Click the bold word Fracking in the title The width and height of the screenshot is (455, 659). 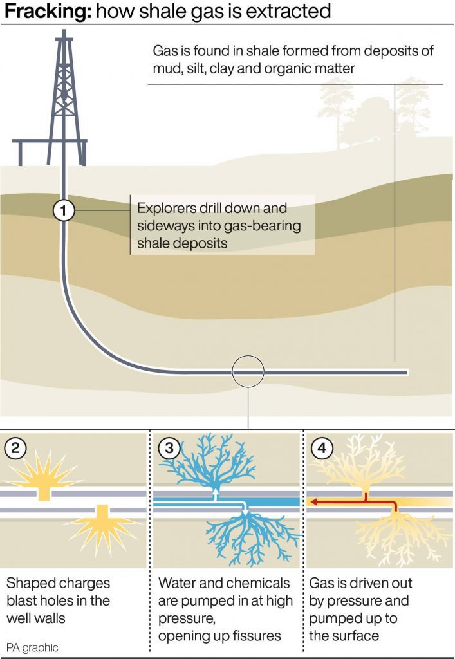click(x=48, y=12)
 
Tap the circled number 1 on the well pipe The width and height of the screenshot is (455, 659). click(x=64, y=210)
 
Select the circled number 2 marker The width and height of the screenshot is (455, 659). click(x=15, y=448)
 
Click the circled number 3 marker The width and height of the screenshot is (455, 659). click(x=169, y=448)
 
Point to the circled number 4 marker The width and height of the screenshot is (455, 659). click(x=322, y=448)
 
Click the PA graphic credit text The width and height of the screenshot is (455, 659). click(x=32, y=647)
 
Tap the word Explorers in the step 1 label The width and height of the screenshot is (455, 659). click(x=167, y=209)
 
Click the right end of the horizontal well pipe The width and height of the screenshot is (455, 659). click(x=407, y=372)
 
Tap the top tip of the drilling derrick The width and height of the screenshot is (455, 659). click(x=64, y=30)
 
